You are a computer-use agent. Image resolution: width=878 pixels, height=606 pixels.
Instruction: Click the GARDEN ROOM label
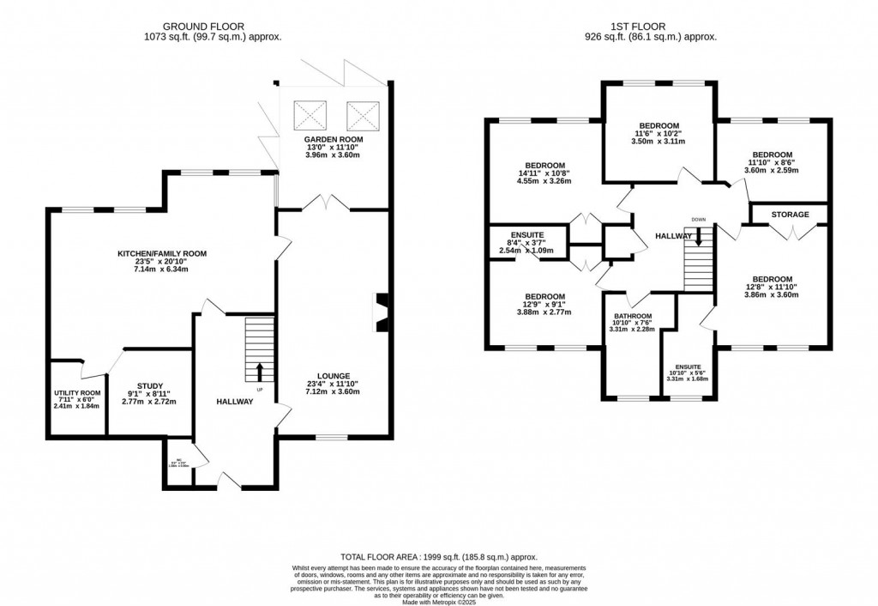(x=334, y=139)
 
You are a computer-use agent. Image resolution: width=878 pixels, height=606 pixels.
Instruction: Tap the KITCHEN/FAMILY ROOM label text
(x=163, y=254)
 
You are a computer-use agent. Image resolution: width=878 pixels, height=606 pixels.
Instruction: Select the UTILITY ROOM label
(x=78, y=393)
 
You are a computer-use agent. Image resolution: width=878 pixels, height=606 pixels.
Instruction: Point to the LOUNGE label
(x=334, y=375)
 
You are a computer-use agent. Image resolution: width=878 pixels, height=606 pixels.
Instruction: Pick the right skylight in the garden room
(x=360, y=112)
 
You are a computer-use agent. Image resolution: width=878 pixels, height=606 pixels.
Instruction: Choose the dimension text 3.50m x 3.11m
(x=659, y=142)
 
